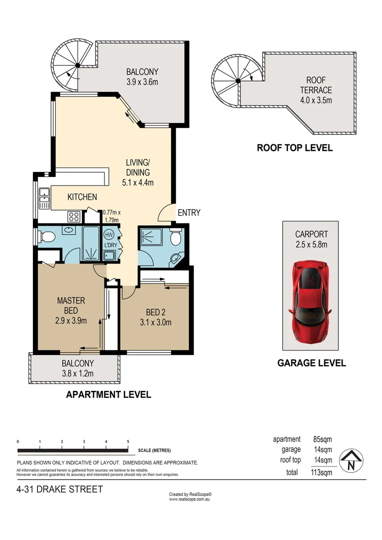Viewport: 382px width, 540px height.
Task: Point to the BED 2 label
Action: (155, 317)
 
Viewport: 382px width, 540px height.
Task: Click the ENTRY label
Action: (189, 212)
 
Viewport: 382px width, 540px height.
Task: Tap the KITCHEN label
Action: (82, 197)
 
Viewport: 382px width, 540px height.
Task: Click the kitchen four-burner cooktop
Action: (74, 216)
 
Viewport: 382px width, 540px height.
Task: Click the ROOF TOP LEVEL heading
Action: (294, 148)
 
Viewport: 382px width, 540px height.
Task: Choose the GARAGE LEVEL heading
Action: (311, 363)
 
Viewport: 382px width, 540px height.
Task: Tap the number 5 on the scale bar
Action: (128, 441)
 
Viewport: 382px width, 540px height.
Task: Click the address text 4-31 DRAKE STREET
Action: (59, 489)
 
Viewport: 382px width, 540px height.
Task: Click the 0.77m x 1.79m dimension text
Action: (111, 215)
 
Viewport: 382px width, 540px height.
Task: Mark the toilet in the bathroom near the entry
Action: (175, 239)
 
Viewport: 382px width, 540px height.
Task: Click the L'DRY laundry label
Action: (108, 245)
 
